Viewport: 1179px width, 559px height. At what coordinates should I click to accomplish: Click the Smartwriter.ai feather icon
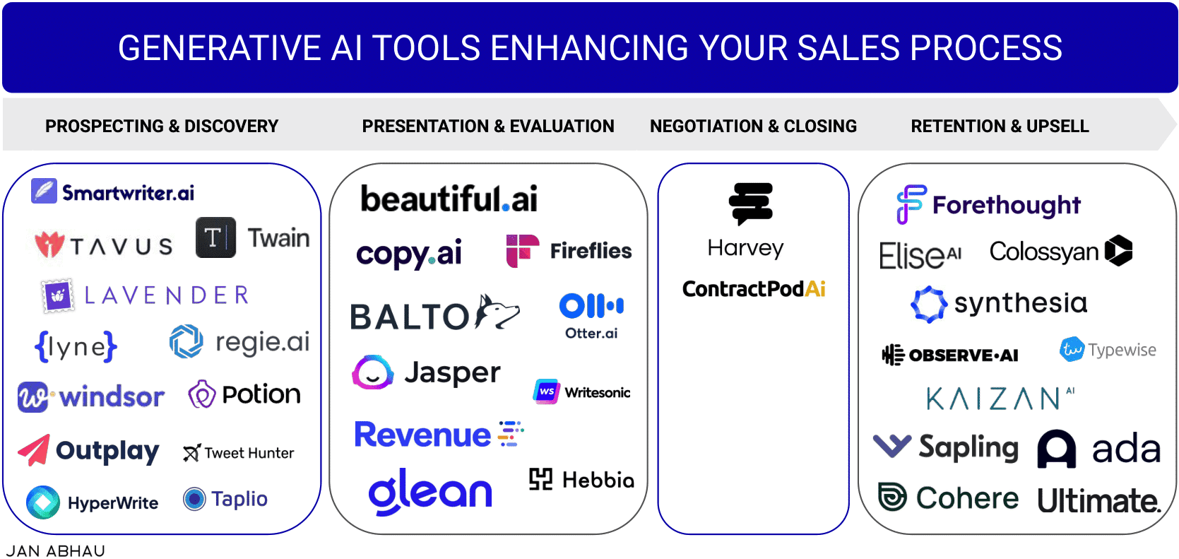click(44, 191)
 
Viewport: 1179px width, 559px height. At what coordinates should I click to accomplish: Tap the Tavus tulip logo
click(49, 245)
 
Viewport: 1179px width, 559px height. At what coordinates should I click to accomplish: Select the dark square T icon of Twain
click(215, 237)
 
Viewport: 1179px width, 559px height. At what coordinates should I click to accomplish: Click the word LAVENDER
click(167, 295)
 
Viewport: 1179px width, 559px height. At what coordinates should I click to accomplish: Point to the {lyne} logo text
click(76, 346)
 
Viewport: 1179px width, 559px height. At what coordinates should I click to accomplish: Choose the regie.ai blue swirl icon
click(186, 341)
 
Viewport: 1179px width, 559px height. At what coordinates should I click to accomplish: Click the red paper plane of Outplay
click(34, 451)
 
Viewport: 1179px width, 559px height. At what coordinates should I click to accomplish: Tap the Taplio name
click(239, 499)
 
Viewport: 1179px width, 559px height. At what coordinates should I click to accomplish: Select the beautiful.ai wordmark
click(449, 199)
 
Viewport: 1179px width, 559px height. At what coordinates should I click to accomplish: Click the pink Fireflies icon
click(522, 251)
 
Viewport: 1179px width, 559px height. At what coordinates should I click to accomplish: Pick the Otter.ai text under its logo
click(591, 334)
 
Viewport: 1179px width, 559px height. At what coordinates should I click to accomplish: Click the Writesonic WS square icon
click(546, 392)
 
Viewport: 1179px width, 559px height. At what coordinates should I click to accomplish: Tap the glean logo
click(430, 491)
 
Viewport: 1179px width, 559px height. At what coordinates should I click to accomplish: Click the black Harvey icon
click(751, 203)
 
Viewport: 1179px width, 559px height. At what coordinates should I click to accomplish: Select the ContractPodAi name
click(754, 289)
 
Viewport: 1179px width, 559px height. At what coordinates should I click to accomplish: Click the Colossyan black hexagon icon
click(1118, 251)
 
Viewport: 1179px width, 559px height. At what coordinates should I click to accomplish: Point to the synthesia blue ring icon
click(928, 305)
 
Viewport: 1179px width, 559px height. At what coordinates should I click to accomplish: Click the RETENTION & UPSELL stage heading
click(1000, 126)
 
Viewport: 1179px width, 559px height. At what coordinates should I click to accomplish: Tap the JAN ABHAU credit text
click(56, 551)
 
